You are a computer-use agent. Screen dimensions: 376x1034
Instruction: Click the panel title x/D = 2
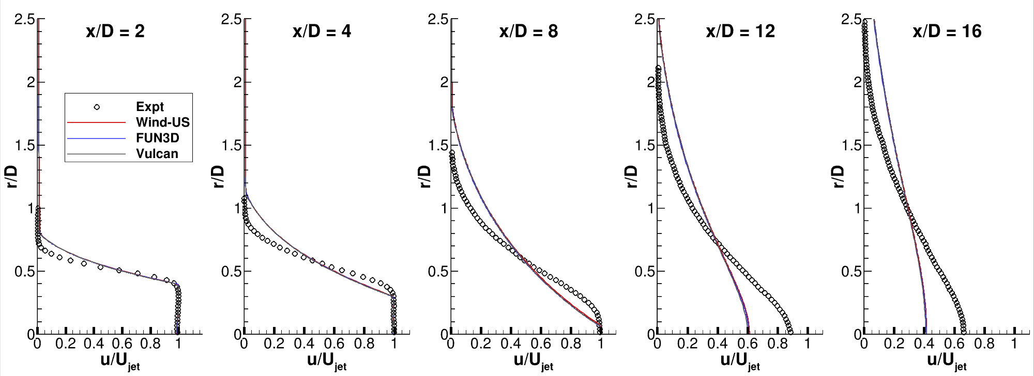click(115, 32)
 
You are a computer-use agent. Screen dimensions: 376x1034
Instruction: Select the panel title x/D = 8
click(528, 32)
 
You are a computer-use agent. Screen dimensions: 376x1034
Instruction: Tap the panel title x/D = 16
click(947, 32)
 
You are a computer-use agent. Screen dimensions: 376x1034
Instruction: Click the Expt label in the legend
click(149, 107)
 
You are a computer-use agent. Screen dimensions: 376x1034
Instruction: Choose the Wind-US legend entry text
click(162, 122)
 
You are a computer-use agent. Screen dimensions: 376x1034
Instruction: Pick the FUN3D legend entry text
click(157, 138)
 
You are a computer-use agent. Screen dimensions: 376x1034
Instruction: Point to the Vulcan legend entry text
click(157, 154)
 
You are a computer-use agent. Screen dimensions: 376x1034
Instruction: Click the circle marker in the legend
click(97, 107)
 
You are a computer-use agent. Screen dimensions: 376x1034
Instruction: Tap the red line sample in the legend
click(97, 122)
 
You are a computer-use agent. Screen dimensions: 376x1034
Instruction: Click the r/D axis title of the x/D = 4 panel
click(219, 177)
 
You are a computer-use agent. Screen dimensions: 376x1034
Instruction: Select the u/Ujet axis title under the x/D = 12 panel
click(740, 361)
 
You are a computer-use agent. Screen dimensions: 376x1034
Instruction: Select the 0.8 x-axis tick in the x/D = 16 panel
click(984, 343)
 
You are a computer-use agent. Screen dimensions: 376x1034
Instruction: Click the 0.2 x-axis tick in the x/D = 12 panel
click(688, 343)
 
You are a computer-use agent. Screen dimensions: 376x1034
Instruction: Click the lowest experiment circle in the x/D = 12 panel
click(790, 332)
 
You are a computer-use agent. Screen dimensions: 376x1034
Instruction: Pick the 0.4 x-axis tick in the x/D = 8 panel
click(511, 343)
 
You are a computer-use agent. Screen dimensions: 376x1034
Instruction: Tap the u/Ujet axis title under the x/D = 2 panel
click(120, 361)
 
